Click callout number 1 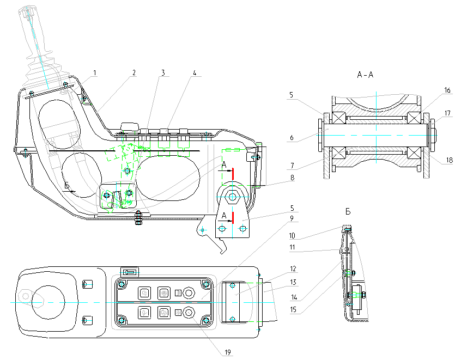(95, 72)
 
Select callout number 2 (134, 72)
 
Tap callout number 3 (163, 72)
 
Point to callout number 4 (195, 72)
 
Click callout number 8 (292, 178)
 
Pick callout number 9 (292, 218)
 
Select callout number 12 (293, 269)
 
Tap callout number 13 (293, 282)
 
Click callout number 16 (447, 90)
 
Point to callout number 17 (447, 113)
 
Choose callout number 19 (228, 352)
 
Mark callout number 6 (292, 138)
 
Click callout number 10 (292, 236)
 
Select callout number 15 (293, 309)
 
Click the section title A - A (365, 75)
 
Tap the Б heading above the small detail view (348, 212)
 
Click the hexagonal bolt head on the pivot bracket (233, 196)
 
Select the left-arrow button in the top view (129, 272)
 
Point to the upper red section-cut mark (233, 174)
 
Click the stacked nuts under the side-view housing (138, 218)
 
